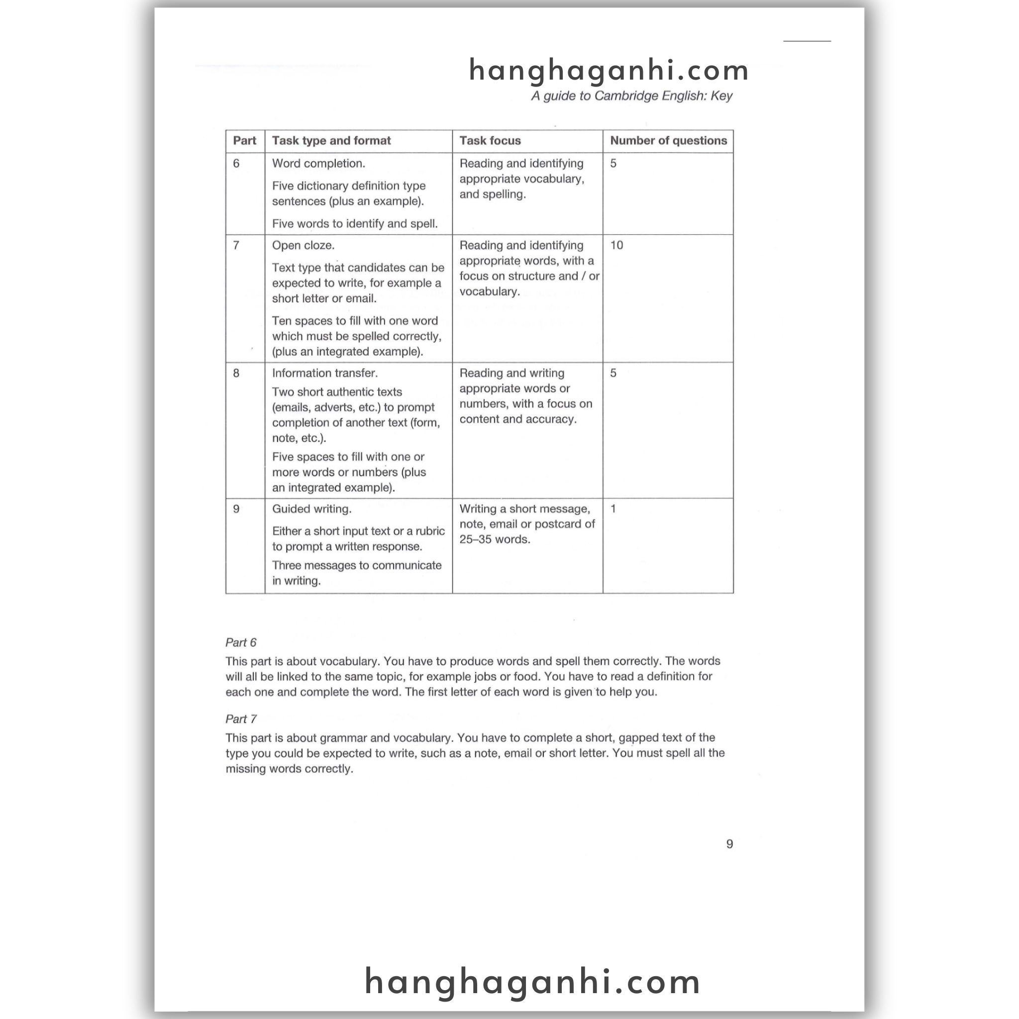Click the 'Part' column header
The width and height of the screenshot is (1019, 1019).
(244, 141)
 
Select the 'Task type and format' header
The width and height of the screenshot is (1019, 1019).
(331, 141)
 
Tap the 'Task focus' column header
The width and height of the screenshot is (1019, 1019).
(490, 141)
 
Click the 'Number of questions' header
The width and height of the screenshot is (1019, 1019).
(668, 141)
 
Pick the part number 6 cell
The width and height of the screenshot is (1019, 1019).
(236, 164)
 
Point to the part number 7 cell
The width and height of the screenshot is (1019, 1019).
(236, 245)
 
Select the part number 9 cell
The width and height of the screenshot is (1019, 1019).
(236, 509)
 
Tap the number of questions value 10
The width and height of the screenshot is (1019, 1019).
(616, 245)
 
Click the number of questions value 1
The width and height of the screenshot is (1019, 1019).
(613, 509)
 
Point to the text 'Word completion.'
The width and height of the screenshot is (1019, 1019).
(318, 164)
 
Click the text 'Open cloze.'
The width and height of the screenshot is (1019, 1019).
(304, 245)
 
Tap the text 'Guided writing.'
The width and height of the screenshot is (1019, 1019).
(311, 509)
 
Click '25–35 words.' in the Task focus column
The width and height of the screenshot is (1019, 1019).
(494, 539)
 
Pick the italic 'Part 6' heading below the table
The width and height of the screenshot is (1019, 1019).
(240, 642)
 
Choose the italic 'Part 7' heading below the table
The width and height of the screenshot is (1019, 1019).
(240, 719)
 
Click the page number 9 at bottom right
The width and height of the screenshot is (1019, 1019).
(729, 844)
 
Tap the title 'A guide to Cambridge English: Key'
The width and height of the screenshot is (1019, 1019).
(631, 96)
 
